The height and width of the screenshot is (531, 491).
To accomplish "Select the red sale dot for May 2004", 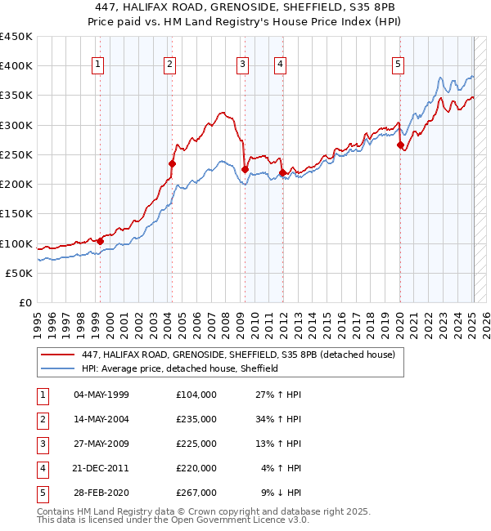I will click(173, 163).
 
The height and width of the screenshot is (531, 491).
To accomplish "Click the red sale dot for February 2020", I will click(400, 145).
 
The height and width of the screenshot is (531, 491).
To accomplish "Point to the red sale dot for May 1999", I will click(100, 241).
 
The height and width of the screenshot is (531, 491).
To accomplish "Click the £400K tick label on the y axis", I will click(16, 66).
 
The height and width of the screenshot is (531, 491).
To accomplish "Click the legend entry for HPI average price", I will click(180, 368).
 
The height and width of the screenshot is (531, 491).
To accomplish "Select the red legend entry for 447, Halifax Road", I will click(238, 355).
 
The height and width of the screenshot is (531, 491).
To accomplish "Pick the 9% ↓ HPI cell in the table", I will click(281, 493).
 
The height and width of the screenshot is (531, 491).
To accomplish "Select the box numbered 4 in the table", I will click(43, 468).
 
